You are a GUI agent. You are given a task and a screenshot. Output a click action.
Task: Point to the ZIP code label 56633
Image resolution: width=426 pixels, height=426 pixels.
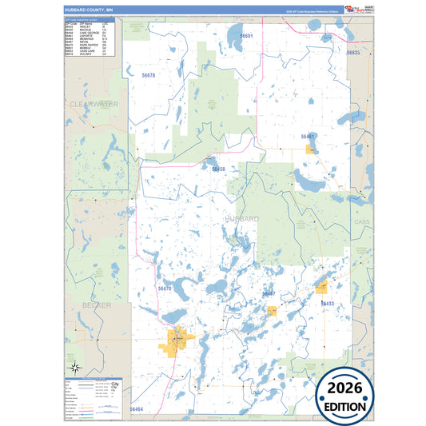click(x=353, y=52)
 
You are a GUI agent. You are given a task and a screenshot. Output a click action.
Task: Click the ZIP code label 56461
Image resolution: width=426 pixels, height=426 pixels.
click(x=309, y=136)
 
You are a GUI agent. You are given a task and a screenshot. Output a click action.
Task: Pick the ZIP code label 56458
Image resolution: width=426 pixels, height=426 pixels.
click(x=218, y=169)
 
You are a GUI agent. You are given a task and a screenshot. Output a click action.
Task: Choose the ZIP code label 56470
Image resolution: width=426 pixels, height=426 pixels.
click(x=165, y=288)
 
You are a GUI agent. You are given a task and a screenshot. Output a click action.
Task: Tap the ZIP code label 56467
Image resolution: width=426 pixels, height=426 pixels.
click(x=269, y=293)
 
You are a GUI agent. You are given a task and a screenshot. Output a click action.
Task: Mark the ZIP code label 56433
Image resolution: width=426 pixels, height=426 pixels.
click(x=328, y=304)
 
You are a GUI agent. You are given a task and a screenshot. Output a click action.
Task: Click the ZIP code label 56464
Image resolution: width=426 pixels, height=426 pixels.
click(x=136, y=409)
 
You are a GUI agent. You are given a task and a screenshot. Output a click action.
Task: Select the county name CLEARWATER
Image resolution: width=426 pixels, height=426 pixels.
click(x=94, y=105)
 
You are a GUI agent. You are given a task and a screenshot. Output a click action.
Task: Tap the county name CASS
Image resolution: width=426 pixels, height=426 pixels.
click(x=362, y=221)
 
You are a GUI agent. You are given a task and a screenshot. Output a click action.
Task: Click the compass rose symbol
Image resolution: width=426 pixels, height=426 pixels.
click(x=74, y=368)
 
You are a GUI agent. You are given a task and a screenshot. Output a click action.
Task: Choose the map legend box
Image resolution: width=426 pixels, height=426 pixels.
click(x=92, y=397)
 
